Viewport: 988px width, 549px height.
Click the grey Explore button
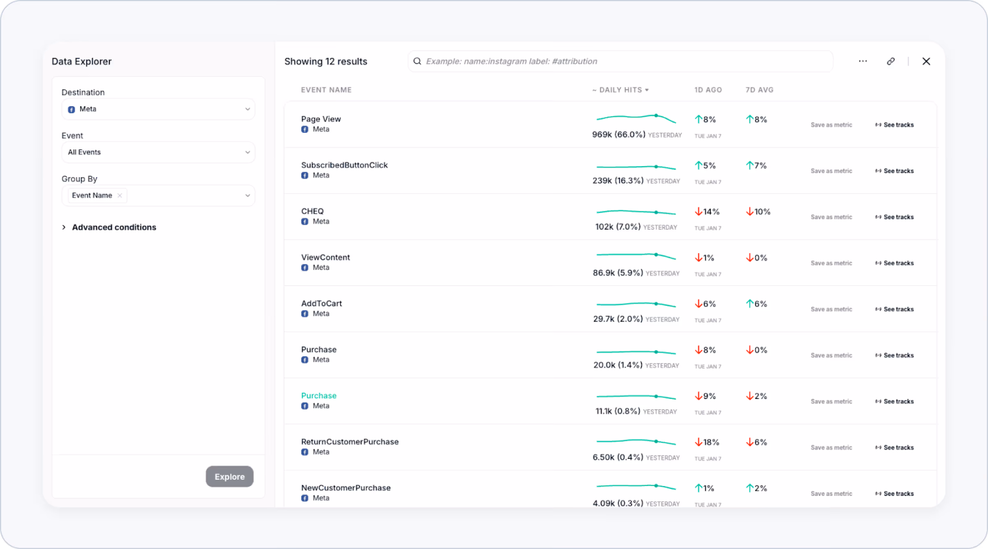point(229,476)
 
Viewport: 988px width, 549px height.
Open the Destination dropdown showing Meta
point(158,109)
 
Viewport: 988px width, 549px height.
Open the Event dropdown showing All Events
point(158,152)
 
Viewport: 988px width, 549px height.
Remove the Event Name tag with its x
point(120,196)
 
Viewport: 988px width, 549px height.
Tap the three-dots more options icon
point(863,61)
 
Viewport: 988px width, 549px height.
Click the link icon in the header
point(890,61)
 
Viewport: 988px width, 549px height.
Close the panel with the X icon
point(926,61)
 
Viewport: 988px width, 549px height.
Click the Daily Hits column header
point(620,90)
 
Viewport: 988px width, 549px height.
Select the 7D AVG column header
point(759,90)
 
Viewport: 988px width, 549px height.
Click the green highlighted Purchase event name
point(318,396)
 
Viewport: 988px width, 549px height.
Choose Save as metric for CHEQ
point(831,217)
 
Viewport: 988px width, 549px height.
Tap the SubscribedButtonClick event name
point(344,165)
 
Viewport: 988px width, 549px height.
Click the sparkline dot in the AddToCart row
point(656,304)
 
